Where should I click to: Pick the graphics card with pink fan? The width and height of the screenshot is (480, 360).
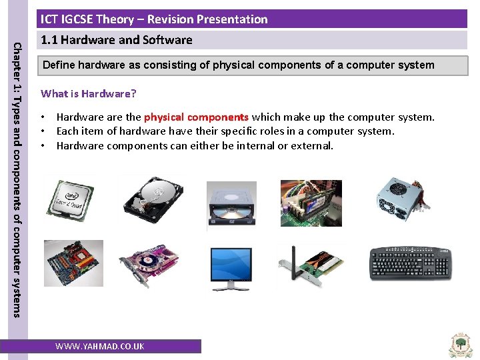tap(149, 265)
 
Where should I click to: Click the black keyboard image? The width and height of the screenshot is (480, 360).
tap(409, 265)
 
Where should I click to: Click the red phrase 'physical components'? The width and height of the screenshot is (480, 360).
tap(196, 117)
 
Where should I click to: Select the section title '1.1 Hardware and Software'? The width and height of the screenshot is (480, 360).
tap(117, 40)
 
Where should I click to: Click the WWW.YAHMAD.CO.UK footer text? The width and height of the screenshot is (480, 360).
tap(100, 346)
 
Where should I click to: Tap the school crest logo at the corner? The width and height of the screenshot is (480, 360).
tap(461, 344)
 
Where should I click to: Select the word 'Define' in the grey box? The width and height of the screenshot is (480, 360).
tap(59, 65)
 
